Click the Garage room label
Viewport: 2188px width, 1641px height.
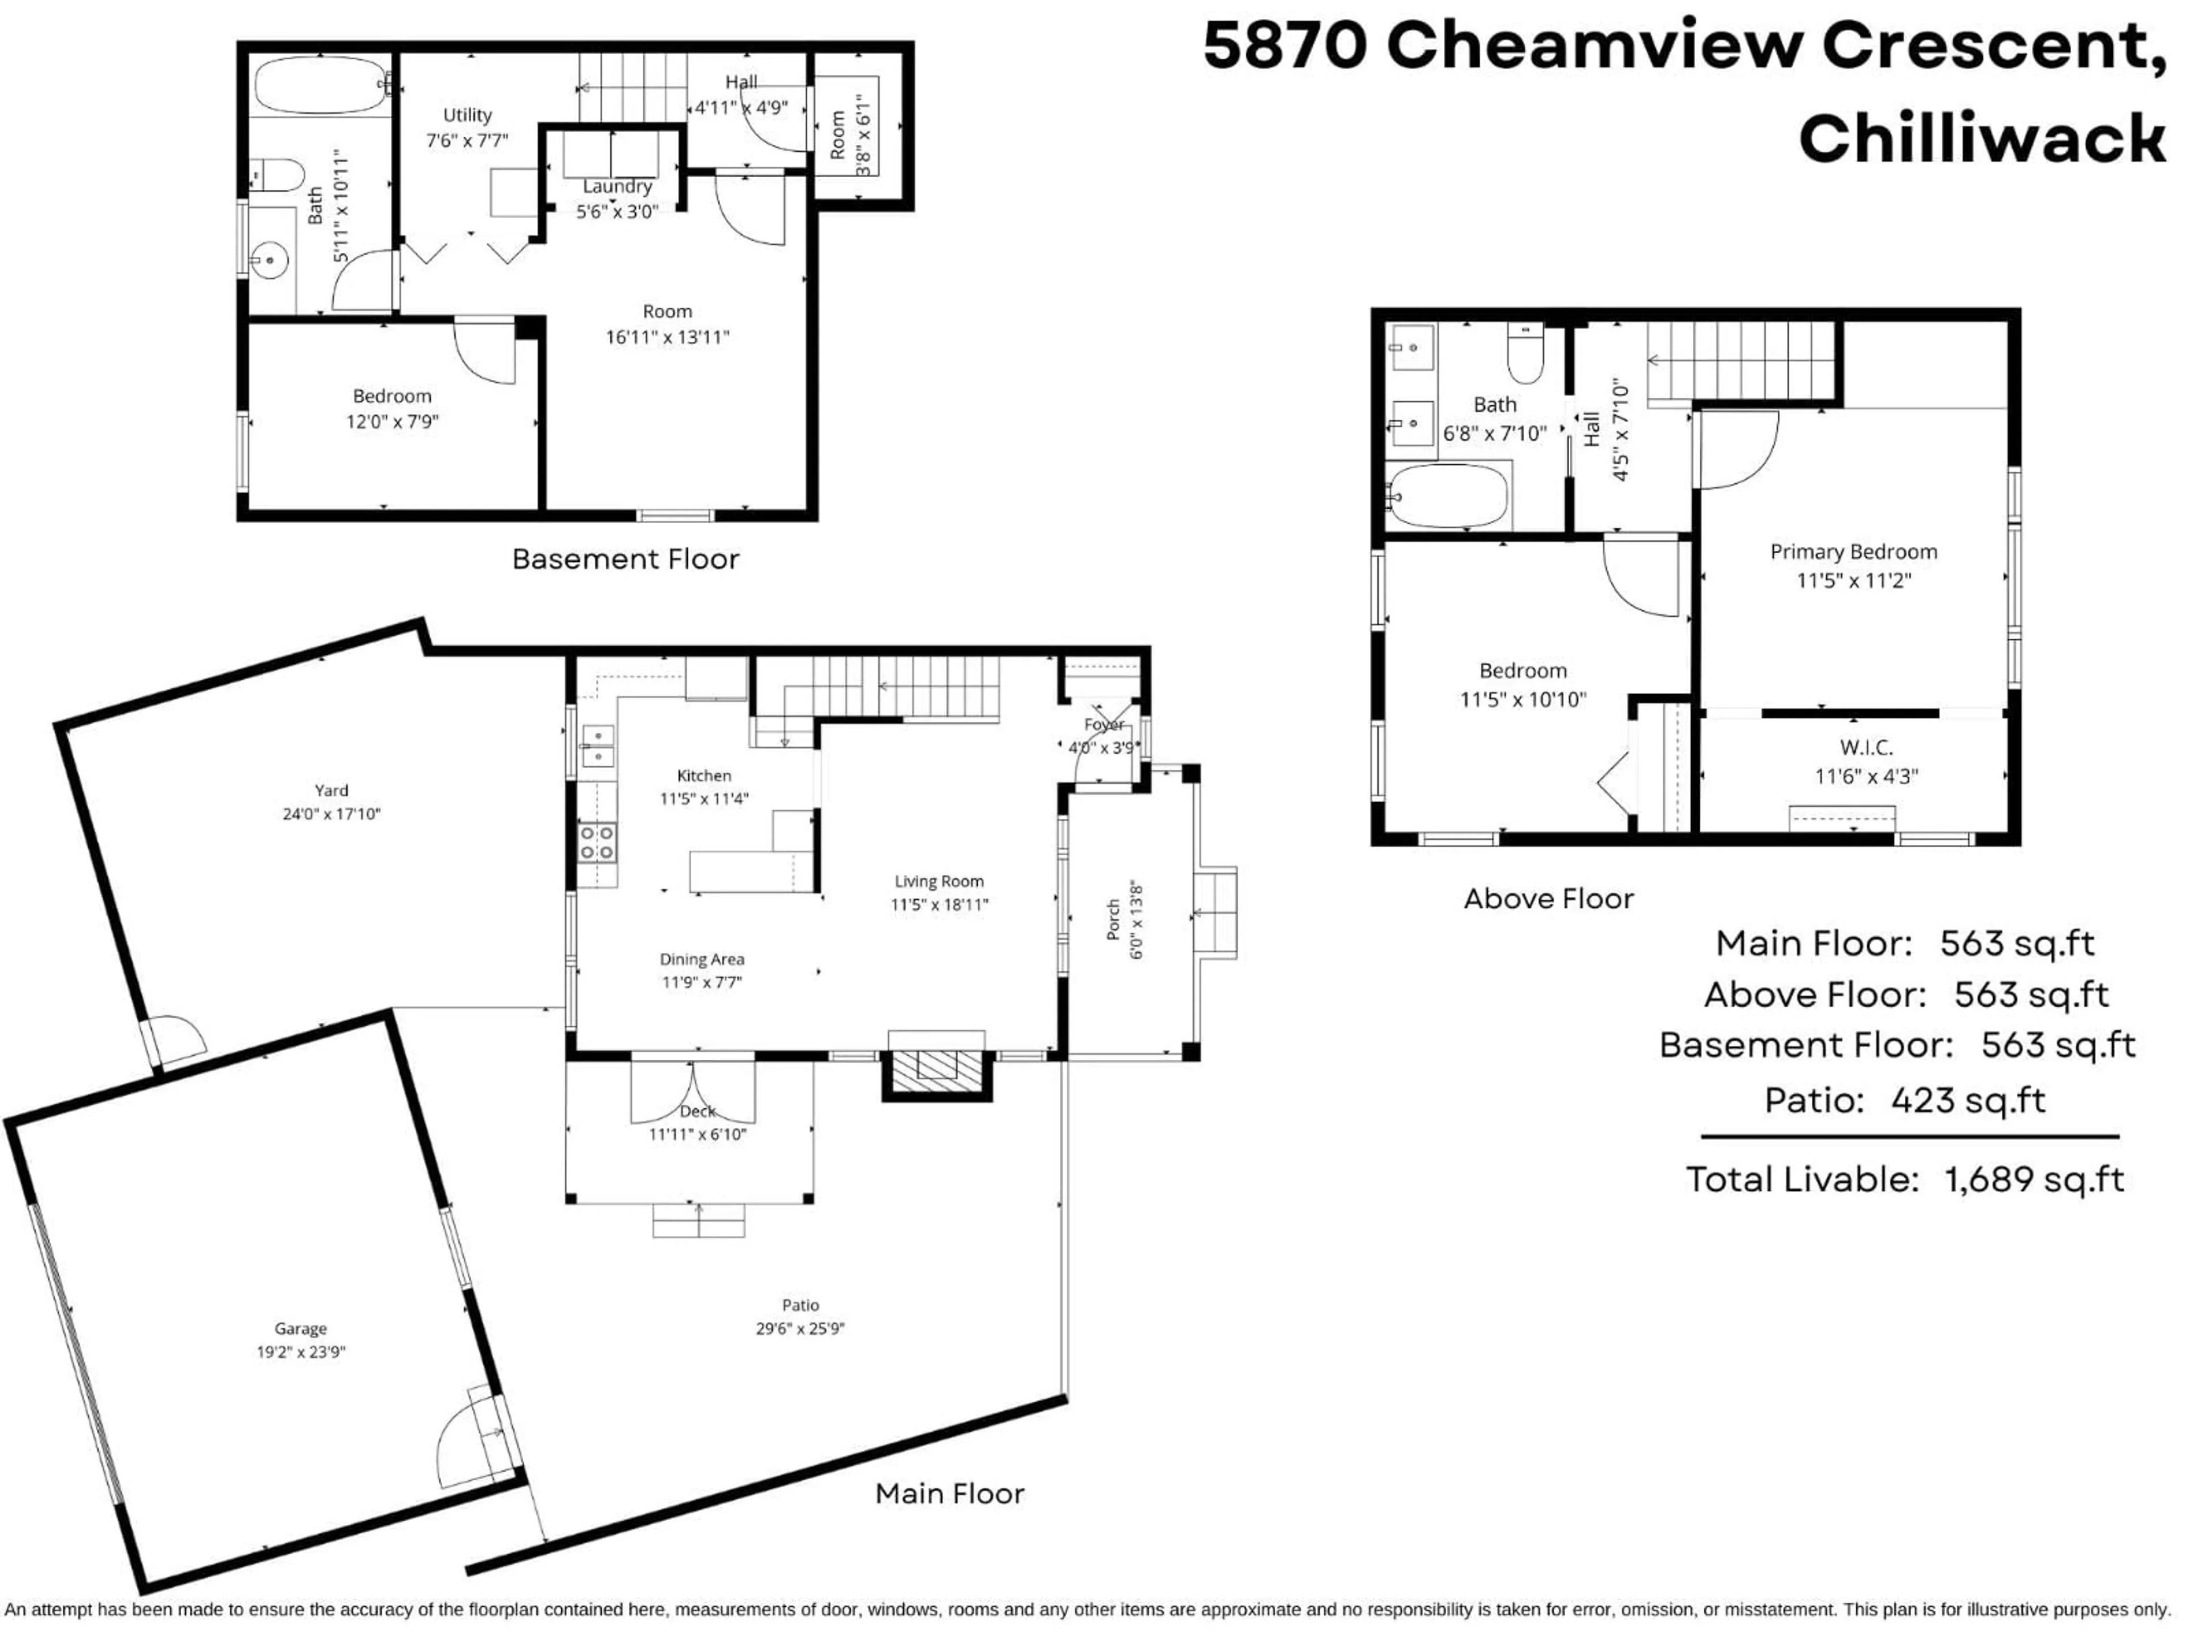301,1328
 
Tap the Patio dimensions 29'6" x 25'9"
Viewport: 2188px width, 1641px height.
799,1328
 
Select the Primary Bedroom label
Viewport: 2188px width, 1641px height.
1853,552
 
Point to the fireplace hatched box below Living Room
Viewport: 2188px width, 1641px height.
937,1072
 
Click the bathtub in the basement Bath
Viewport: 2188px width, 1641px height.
320,85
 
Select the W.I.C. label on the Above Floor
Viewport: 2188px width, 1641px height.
1865,748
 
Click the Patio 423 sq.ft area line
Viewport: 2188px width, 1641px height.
1904,1100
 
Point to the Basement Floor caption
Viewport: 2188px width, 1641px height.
625,560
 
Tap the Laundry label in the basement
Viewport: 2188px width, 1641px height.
617,186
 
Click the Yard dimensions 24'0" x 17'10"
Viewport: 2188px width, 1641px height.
332,814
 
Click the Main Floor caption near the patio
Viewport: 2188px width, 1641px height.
950,1493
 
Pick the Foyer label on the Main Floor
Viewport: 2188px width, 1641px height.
1103,725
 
